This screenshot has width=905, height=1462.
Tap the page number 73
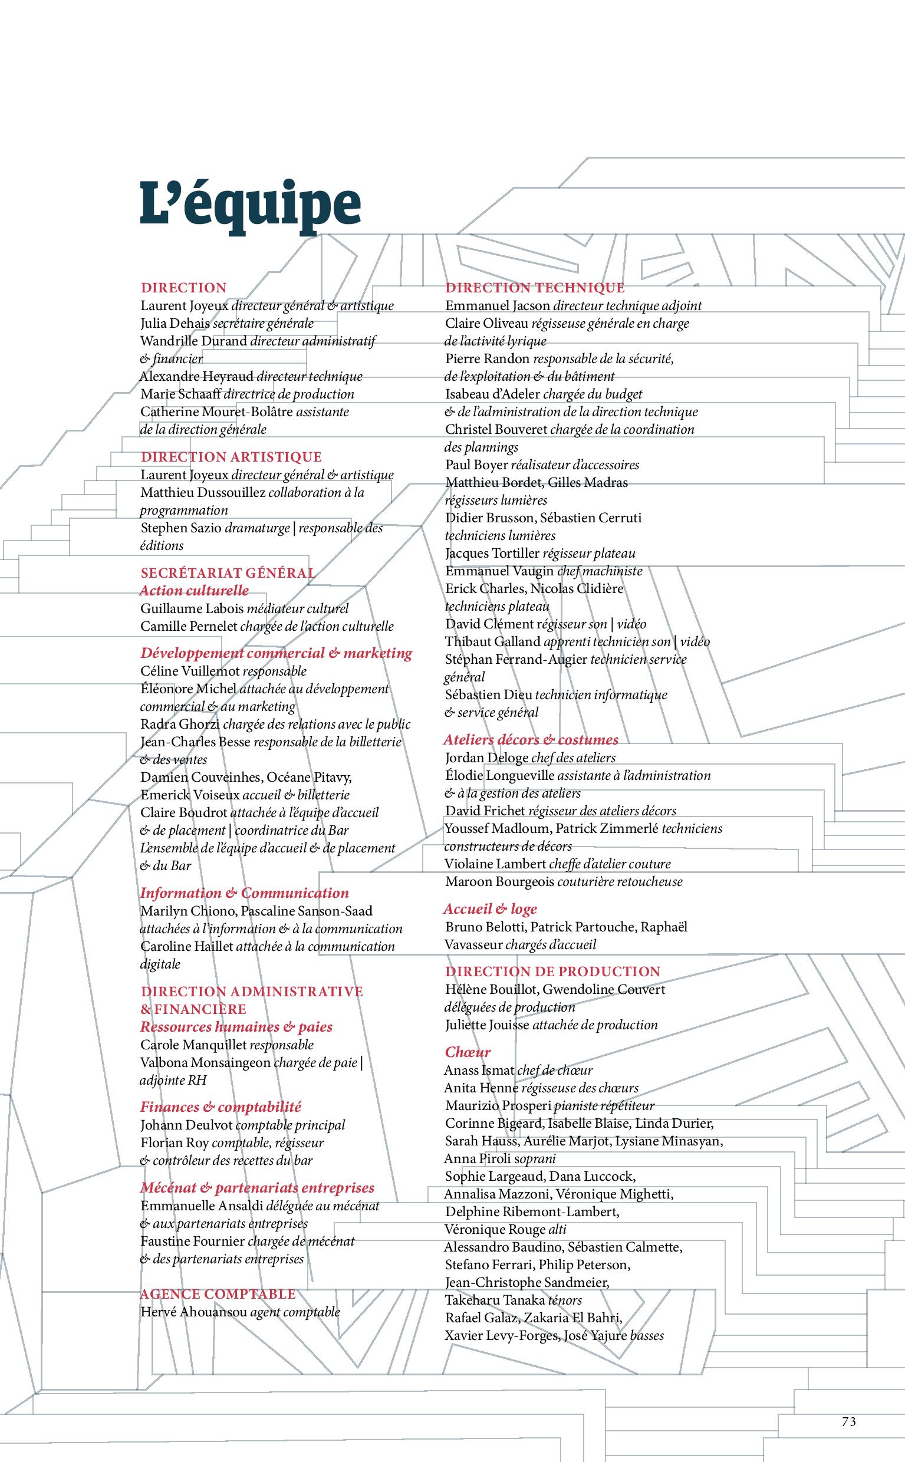[848, 1421]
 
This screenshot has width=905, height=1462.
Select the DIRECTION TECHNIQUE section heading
[535, 288]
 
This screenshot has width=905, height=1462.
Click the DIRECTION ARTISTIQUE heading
[231, 457]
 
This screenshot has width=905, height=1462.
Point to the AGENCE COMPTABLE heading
[218, 1294]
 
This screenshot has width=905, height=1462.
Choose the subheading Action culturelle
[194, 591]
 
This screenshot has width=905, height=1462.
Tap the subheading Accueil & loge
[490, 909]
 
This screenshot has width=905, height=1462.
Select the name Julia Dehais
[175, 324]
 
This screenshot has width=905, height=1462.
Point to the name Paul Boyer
[476, 465]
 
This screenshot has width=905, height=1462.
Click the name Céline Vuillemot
[189, 671]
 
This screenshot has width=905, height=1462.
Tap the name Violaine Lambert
[495, 864]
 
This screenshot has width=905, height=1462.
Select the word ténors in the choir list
[565, 1300]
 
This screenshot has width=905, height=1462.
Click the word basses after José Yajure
[647, 1335]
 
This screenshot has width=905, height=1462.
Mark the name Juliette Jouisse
[486, 1025]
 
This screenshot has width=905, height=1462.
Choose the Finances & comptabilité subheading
[221, 1107]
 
